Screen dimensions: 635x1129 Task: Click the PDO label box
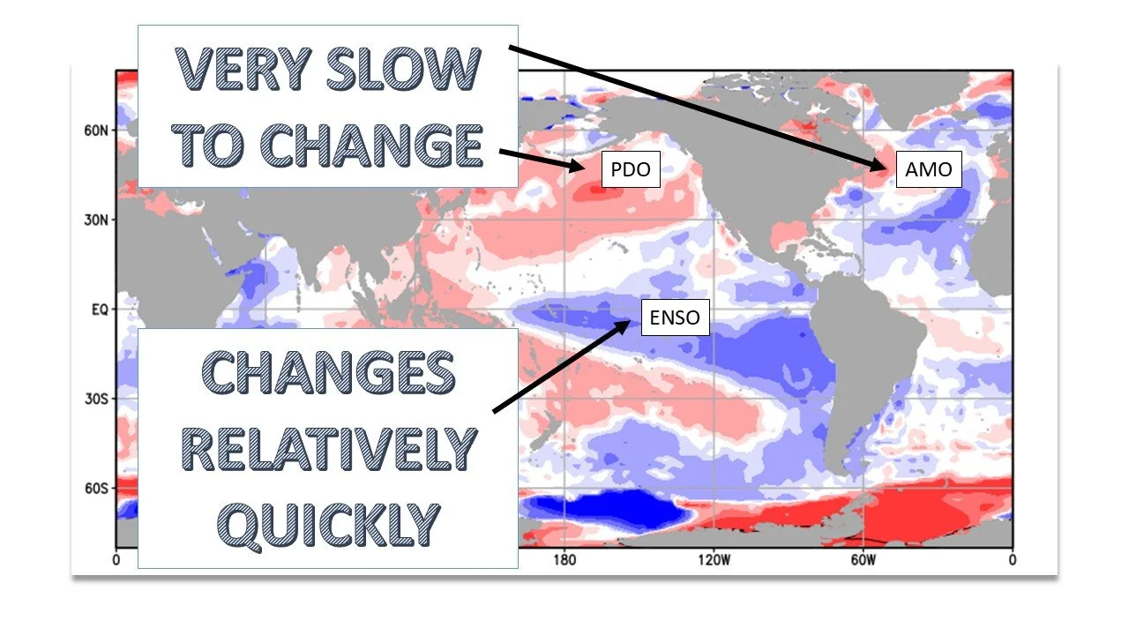(x=631, y=169)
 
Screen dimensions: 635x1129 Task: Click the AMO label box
(x=929, y=169)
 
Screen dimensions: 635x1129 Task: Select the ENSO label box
(x=674, y=318)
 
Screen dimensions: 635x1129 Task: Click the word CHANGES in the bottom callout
(x=327, y=375)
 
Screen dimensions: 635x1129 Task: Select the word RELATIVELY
(x=327, y=449)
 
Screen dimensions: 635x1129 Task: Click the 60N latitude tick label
(x=96, y=131)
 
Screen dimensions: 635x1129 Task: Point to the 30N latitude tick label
(x=96, y=220)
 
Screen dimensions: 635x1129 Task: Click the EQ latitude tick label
(x=100, y=310)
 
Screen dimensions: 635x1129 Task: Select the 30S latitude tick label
(x=96, y=399)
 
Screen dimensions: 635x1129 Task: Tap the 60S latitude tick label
(x=96, y=488)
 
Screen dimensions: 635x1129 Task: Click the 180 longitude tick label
(x=564, y=559)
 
